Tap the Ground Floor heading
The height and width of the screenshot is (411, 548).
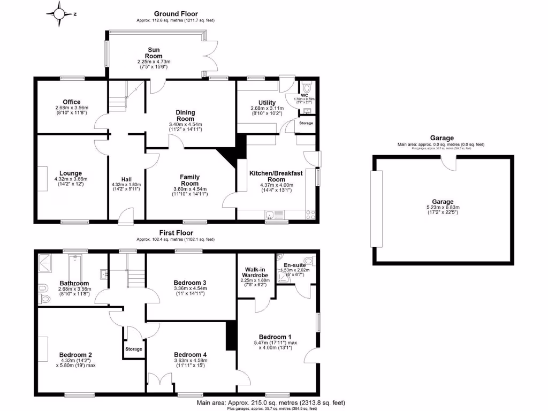(176, 14)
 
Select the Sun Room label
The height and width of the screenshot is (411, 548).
(155, 53)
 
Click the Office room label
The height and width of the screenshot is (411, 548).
(71, 102)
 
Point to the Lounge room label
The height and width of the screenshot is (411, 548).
(71, 173)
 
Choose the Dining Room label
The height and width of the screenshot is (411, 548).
(185, 116)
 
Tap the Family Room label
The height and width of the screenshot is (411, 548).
(189, 180)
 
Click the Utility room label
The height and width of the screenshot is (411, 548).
(267, 103)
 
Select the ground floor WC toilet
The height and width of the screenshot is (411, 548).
(307, 88)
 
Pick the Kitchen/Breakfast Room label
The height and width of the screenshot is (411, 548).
(276, 176)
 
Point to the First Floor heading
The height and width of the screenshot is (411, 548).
(176, 233)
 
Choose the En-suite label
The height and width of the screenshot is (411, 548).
(294, 264)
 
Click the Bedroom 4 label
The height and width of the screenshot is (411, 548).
(190, 354)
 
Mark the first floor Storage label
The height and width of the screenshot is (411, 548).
(134, 349)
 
